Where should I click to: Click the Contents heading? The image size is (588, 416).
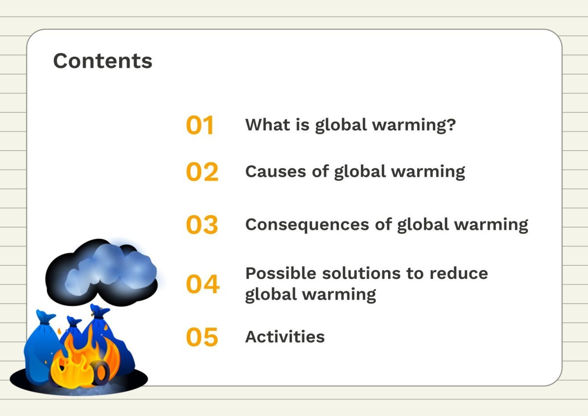point(102,61)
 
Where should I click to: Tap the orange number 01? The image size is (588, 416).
point(200,125)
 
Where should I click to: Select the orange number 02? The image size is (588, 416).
point(202,172)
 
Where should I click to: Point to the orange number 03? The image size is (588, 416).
point(202,225)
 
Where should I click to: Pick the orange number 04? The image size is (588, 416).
point(202,284)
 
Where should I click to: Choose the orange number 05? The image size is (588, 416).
point(202,337)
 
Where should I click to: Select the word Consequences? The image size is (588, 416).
point(306,225)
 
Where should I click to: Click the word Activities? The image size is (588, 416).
point(285,337)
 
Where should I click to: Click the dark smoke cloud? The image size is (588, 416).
point(101,273)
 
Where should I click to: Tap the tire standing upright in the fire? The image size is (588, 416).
point(101,373)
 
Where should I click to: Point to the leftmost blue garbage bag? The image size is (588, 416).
point(40,347)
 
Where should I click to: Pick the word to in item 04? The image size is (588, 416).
point(414,274)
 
